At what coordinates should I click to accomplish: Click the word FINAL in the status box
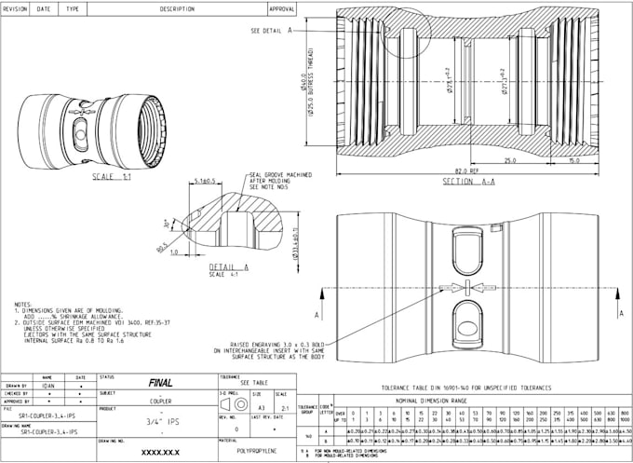pyautogui.click(x=159, y=382)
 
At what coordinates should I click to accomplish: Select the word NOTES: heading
pyautogui.click(x=23, y=304)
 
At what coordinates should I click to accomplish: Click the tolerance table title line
pyautogui.click(x=466, y=385)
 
